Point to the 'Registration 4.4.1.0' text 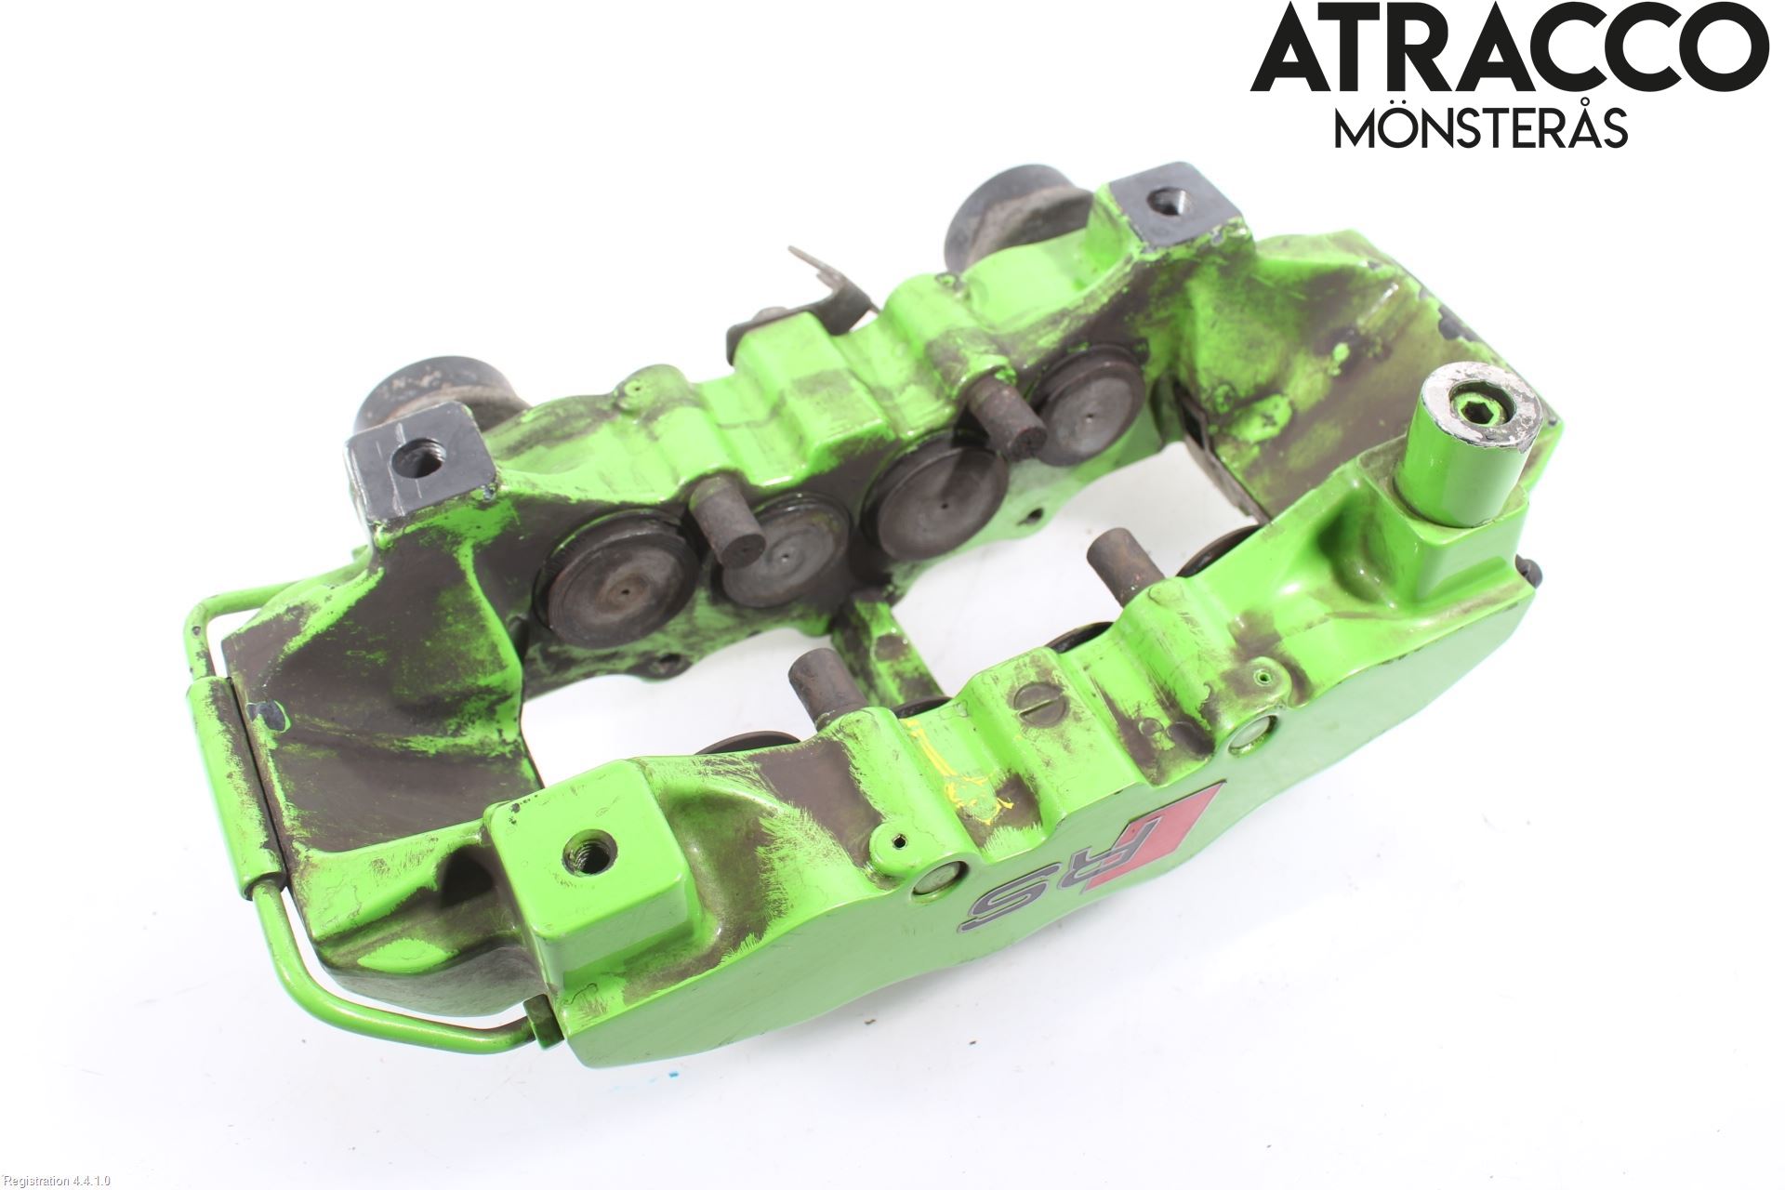[x=56, y=1181]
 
